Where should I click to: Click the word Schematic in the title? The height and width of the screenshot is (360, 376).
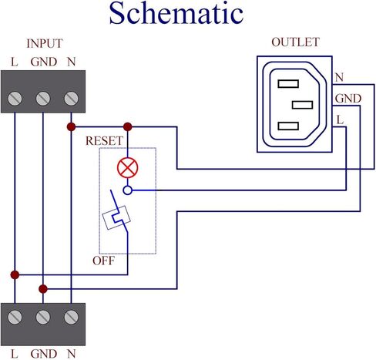[x=176, y=13]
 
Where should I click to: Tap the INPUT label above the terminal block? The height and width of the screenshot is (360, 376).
[x=45, y=43]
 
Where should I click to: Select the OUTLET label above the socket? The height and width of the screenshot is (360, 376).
[x=295, y=42]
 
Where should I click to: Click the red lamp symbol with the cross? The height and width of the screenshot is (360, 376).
[x=128, y=168]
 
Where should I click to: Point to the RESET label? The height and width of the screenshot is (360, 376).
[x=104, y=141]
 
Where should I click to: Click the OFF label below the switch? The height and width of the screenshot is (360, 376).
[x=103, y=261]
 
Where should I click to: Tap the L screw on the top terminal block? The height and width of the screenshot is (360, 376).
[x=15, y=99]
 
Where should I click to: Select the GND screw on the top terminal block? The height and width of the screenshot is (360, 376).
[x=43, y=99]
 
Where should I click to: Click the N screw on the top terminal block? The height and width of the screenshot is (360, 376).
[x=71, y=99]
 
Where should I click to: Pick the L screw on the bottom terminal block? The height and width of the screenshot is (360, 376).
[x=15, y=317]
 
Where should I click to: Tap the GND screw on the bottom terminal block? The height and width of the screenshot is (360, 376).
[x=43, y=317]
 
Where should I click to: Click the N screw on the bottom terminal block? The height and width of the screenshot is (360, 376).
[x=71, y=317]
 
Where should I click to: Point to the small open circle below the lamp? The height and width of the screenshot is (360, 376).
[x=128, y=190]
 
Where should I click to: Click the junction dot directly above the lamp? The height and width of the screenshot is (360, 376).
[x=128, y=126]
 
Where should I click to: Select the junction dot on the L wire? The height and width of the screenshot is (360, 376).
[x=15, y=274]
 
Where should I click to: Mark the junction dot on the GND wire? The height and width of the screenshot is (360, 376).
[x=43, y=289]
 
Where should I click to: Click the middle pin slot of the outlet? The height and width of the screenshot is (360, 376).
[x=302, y=105]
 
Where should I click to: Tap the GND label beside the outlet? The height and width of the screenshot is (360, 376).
[x=348, y=99]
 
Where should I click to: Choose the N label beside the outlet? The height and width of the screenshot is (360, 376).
[x=339, y=77]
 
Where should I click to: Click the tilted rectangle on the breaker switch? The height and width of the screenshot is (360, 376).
[x=116, y=217]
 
